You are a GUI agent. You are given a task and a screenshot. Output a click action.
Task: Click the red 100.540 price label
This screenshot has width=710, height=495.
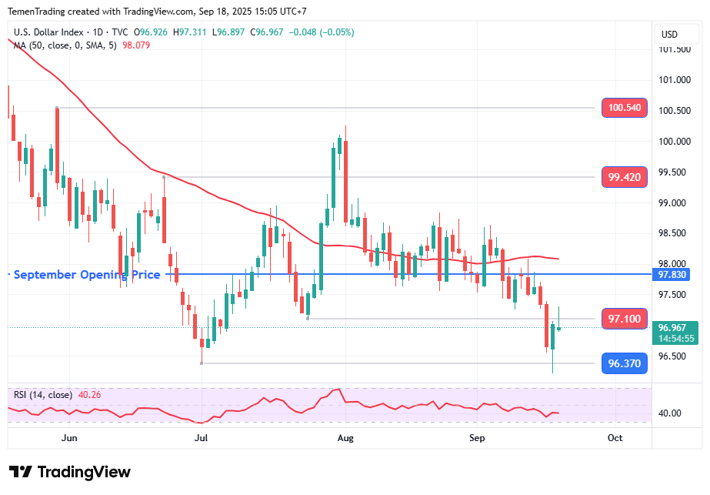(x=624, y=109)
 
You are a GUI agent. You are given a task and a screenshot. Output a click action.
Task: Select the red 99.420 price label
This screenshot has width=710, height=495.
(x=624, y=177)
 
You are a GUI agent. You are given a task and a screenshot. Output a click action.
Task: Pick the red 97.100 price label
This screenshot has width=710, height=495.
(x=624, y=319)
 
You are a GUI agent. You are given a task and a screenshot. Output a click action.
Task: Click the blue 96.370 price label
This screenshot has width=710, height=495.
(x=624, y=363)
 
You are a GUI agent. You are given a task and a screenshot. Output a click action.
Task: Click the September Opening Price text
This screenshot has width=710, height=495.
(x=87, y=275)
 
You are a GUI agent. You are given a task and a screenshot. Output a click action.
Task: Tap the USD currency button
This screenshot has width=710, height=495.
(x=669, y=34)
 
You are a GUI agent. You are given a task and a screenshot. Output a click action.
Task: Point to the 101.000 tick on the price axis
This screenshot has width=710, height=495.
(x=674, y=80)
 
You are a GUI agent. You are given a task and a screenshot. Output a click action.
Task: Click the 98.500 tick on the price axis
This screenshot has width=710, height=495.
(x=674, y=233)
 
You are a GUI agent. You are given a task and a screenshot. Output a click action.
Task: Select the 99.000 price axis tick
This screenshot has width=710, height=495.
(x=674, y=202)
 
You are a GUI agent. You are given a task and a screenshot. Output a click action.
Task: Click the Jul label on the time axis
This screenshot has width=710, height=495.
(x=202, y=437)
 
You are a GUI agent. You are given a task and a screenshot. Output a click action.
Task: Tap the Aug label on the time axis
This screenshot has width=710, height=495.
(x=345, y=437)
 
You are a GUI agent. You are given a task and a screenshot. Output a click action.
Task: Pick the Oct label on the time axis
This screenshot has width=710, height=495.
(x=615, y=437)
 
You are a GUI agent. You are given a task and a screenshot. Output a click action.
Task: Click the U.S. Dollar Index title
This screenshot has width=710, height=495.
(x=49, y=32)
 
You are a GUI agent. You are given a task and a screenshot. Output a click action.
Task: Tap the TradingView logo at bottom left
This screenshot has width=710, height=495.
(x=70, y=472)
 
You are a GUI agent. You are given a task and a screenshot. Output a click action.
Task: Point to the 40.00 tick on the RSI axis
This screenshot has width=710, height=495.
(x=670, y=413)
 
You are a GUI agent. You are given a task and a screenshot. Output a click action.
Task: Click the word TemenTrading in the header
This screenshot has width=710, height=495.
(x=38, y=12)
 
